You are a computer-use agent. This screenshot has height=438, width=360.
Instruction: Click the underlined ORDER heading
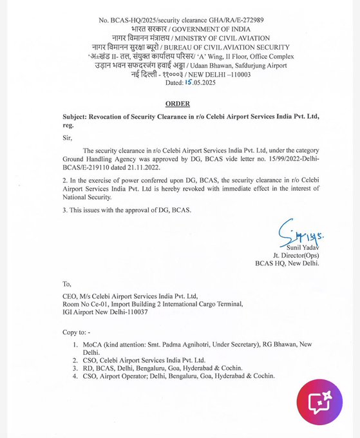coord(178,103)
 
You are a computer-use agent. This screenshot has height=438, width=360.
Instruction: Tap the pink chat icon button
coord(319,402)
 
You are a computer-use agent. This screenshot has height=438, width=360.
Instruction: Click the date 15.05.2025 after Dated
coord(182,83)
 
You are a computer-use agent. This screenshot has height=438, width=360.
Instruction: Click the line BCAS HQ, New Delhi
coord(287,263)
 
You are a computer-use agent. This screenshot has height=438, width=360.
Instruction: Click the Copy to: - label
coord(77,332)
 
